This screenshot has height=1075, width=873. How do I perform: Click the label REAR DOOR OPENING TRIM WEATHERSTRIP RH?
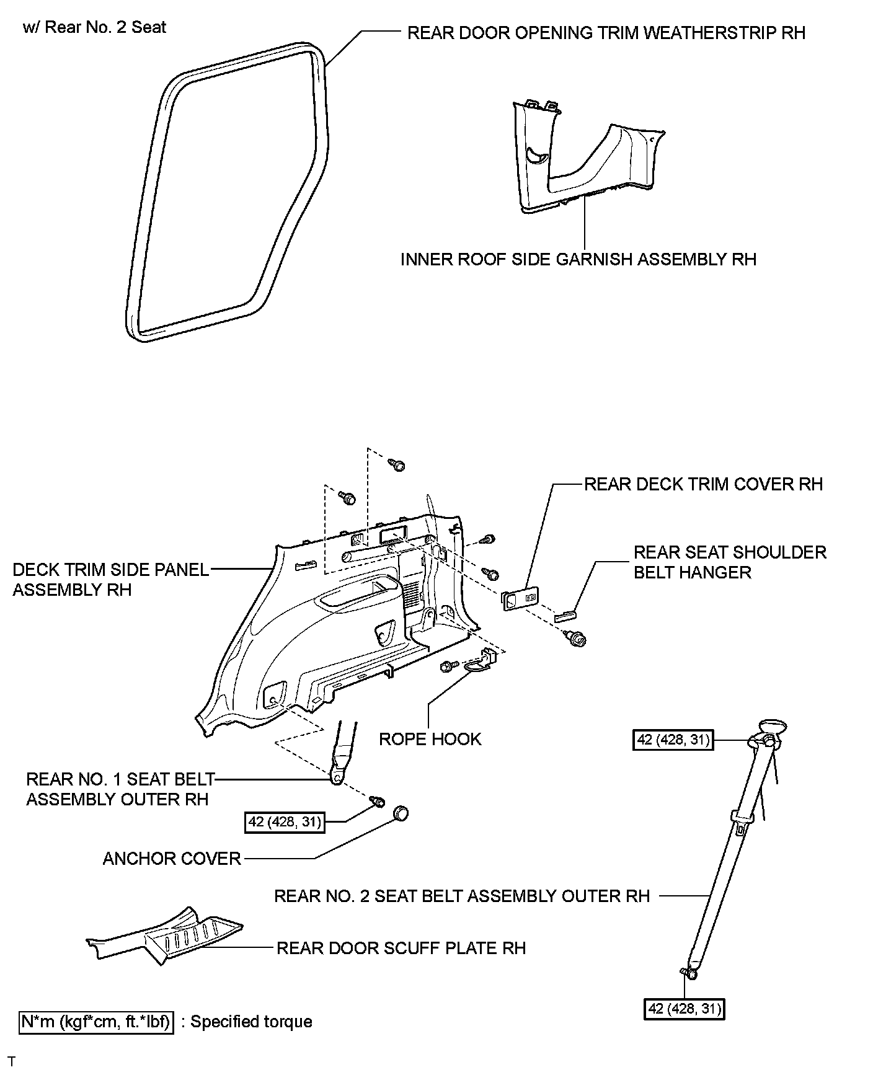(x=606, y=33)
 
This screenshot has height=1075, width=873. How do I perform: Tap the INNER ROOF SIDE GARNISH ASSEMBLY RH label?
(x=578, y=259)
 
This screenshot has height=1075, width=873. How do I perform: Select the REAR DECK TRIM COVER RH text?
(x=704, y=484)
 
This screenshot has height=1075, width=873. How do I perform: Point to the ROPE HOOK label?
(x=430, y=739)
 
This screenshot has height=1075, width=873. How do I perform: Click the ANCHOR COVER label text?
(x=172, y=859)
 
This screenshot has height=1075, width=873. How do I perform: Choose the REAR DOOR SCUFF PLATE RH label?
(x=401, y=948)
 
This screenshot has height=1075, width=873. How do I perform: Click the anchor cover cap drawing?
(x=401, y=813)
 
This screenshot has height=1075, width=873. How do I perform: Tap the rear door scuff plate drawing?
(x=167, y=936)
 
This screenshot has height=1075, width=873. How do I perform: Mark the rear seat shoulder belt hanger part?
(x=565, y=615)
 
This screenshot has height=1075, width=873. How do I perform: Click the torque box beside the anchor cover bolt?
(x=285, y=822)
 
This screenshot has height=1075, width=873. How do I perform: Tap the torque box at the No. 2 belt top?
(x=673, y=740)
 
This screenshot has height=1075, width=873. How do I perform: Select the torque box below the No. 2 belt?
(x=685, y=1009)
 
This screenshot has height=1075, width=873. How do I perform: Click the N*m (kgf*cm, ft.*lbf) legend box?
(x=97, y=1022)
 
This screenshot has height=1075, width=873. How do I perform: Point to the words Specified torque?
(x=251, y=1022)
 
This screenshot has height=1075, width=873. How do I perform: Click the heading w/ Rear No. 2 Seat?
(x=94, y=27)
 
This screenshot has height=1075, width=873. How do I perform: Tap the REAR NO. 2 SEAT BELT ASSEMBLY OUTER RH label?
(x=462, y=896)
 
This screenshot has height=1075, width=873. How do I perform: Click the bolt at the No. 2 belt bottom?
(x=688, y=974)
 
